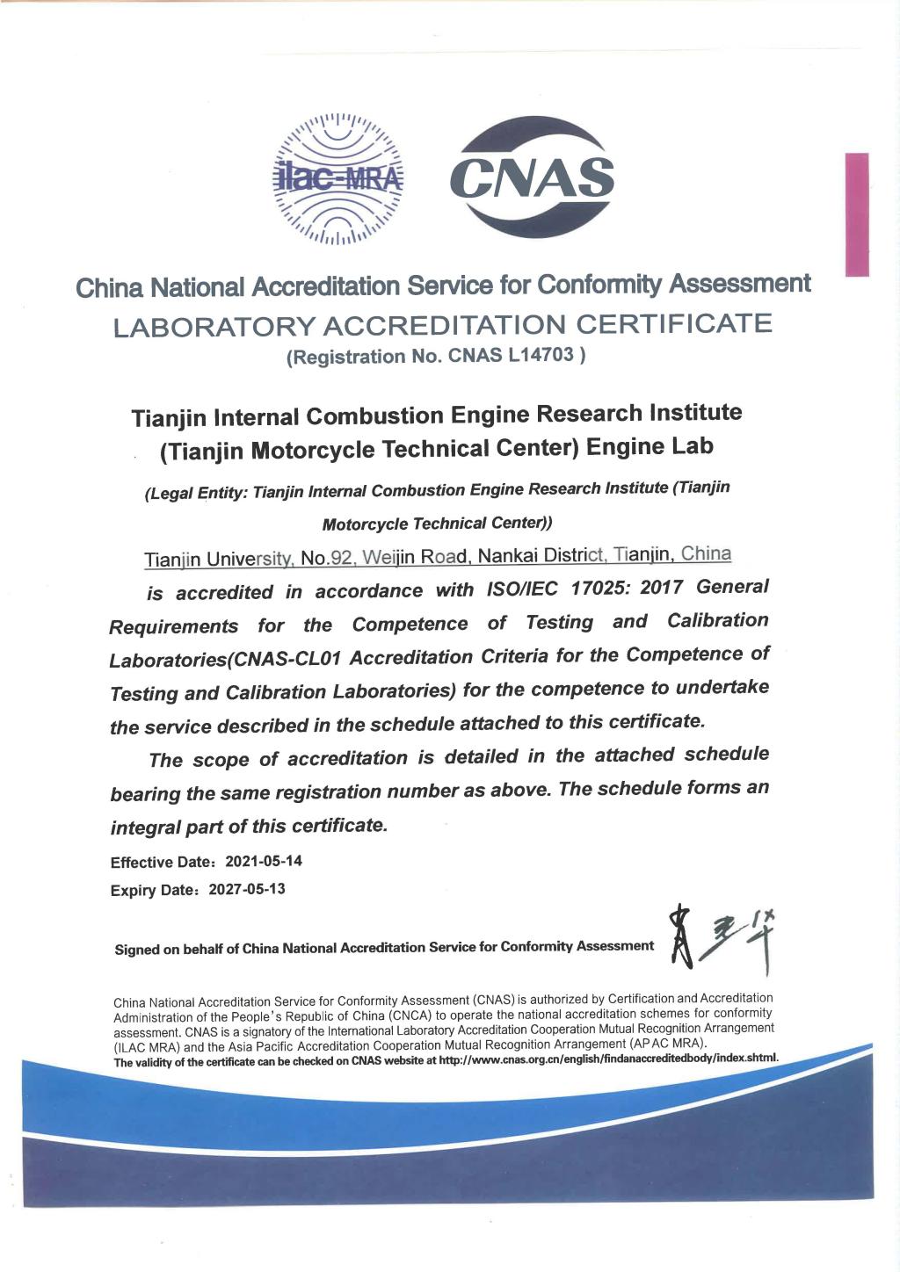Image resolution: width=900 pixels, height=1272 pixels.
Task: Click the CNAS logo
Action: pyautogui.click(x=532, y=178)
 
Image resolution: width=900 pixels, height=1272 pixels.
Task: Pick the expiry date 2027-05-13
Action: pyautogui.click(x=247, y=889)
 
